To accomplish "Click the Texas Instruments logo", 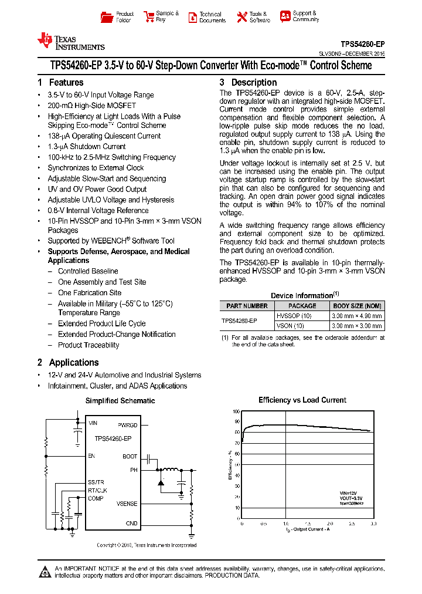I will (70, 41).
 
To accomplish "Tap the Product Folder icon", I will (107, 17).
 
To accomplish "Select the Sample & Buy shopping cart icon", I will (148, 17).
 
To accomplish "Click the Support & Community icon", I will (285, 16).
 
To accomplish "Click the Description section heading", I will (248, 83).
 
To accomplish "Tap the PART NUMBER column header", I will (247, 306).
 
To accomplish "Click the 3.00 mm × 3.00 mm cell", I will (357, 325).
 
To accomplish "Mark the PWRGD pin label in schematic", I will (127, 425).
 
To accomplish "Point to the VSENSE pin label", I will (127, 504).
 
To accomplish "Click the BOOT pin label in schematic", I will (130, 456).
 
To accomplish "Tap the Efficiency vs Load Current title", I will (302, 400).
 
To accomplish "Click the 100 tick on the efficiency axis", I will (236, 411).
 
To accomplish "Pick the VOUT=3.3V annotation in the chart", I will (352, 498).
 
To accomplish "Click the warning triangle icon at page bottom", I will (45, 571).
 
